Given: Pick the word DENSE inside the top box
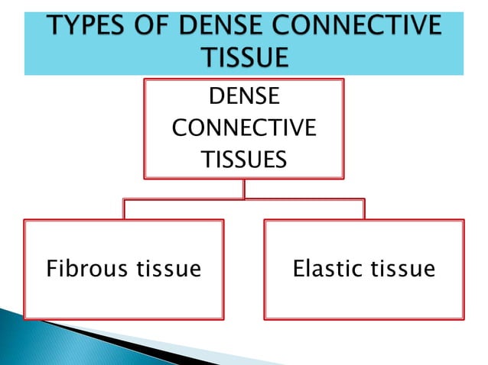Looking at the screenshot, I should tap(244, 97).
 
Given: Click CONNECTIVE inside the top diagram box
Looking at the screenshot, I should tap(244, 128).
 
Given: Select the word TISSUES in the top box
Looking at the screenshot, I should tap(244, 160).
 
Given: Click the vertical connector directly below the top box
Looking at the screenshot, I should tap(244, 189).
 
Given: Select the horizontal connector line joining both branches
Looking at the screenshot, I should tap(244, 200).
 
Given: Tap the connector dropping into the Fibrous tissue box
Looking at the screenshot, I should tap(124, 209).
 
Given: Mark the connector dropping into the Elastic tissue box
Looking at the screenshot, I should tap(364, 209).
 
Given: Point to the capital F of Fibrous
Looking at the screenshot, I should tap(52, 269).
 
